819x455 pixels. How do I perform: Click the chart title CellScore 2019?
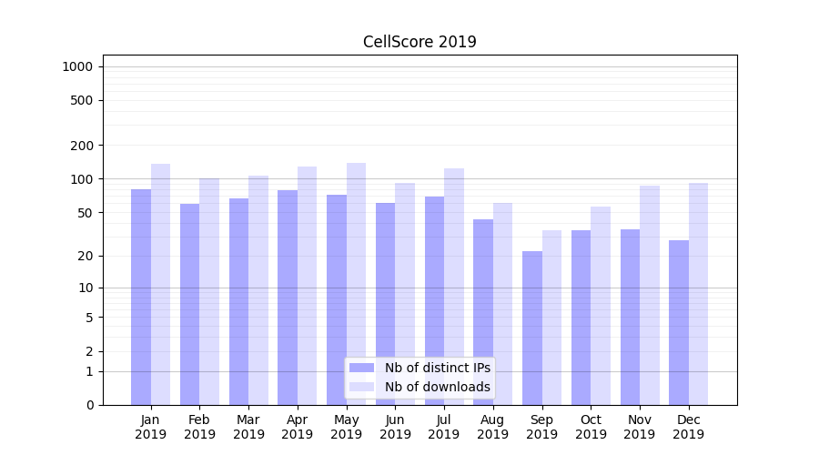pyautogui.click(x=420, y=42)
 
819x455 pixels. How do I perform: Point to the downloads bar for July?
pyautogui.click(x=454, y=287)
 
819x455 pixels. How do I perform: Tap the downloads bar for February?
pyautogui.click(x=209, y=291)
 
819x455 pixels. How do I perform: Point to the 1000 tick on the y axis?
pyautogui.click(x=77, y=66)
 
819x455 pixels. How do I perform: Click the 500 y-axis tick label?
pyautogui.click(x=82, y=100)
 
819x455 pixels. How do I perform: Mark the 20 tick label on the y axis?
pyautogui.click(x=86, y=256)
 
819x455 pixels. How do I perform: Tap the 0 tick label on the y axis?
pyautogui.click(x=89, y=405)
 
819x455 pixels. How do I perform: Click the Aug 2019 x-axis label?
pyautogui.click(x=492, y=427)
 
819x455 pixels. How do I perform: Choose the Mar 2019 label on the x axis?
pyautogui.click(x=248, y=427)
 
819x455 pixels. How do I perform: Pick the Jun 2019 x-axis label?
pyautogui.click(x=395, y=427)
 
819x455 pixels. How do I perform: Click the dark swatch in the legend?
pyautogui.click(x=362, y=368)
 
